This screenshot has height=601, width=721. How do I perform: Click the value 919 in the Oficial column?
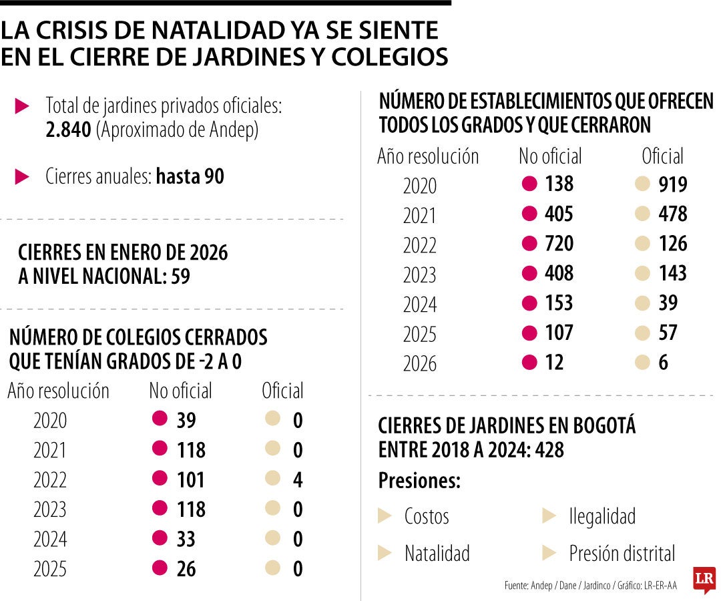[672, 185]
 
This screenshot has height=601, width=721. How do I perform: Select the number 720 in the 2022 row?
[559, 244]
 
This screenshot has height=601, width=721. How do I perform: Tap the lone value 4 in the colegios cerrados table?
[298, 480]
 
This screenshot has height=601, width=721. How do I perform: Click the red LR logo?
[704, 579]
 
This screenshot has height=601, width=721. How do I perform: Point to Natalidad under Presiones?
[437, 554]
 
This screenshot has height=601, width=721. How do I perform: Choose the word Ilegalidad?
[602, 516]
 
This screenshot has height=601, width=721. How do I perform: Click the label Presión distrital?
[622, 554]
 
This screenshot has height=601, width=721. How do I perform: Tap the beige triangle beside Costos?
[385, 516]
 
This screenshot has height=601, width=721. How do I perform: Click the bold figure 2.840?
[68, 131]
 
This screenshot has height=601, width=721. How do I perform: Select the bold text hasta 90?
[190, 177]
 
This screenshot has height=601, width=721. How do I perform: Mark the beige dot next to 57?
[642, 333]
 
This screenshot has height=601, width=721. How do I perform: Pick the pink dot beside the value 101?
[160, 479]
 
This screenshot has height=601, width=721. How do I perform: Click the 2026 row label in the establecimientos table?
[419, 363]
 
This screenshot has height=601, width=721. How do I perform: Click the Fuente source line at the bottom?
[590, 586]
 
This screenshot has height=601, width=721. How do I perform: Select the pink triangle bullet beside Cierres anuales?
[22, 177]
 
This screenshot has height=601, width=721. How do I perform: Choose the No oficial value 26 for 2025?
[186, 569]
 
